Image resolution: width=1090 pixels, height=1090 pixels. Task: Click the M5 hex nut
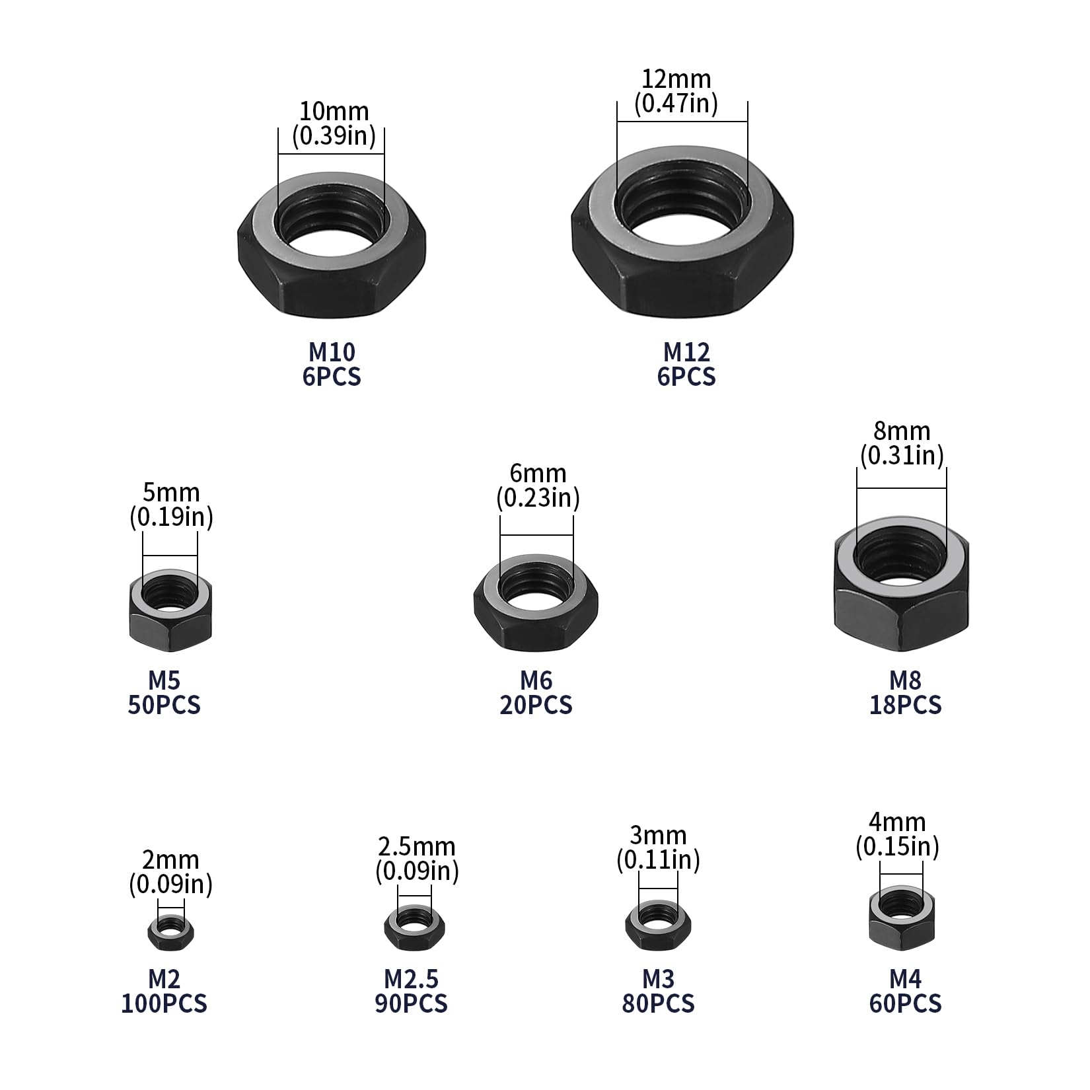pyautogui.click(x=170, y=628)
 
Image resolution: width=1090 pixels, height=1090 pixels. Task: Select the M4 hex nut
pyautogui.click(x=901, y=931)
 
